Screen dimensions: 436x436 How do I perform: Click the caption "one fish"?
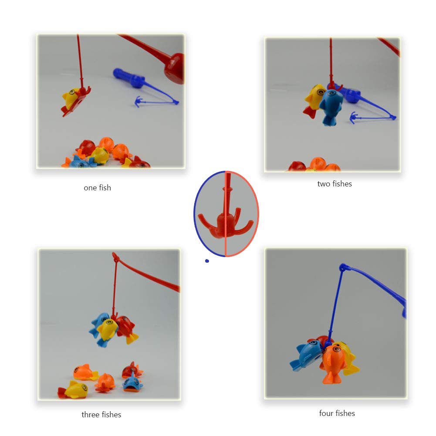(97, 188)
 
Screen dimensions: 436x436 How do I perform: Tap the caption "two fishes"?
(335, 184)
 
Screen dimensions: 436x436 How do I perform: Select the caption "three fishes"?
(101, 415)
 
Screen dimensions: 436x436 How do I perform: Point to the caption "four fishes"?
(337, 413)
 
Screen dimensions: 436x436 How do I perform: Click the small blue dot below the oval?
(207, 261)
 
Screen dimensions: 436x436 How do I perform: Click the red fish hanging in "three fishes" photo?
(125, 328)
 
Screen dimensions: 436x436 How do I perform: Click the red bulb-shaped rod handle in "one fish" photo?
(174, 68)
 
